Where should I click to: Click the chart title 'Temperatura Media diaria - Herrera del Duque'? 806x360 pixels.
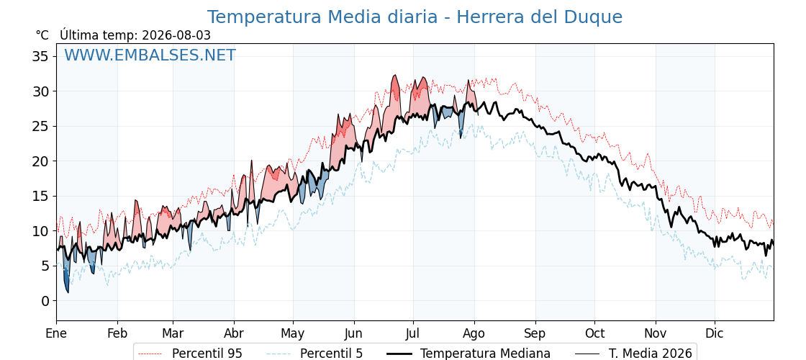415,17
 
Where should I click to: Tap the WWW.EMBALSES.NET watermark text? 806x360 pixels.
150,55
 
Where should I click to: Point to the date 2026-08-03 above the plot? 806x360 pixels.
176,35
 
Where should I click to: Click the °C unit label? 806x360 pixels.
42,35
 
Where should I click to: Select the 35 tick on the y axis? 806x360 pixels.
40,56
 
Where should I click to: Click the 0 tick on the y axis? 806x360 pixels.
45,301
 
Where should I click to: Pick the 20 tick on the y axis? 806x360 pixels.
40,161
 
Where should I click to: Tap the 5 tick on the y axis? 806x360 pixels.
45,266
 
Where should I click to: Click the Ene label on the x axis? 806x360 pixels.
56,333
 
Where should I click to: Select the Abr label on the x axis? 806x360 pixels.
234,333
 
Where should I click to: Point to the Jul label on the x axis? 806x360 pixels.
413,333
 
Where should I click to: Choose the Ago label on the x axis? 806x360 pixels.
474,333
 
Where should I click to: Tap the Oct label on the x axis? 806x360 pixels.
594,333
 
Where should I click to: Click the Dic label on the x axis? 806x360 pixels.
715,333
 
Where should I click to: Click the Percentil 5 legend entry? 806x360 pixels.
314,354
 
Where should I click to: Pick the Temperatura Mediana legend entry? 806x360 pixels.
467,354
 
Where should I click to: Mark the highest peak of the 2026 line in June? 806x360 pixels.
395,75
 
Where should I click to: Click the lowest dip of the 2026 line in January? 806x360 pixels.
68,292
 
